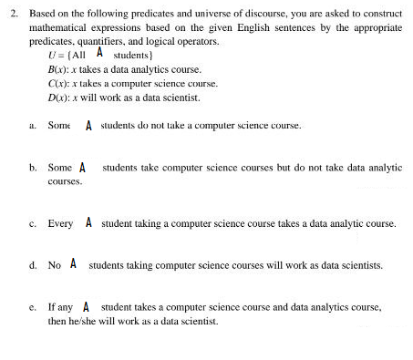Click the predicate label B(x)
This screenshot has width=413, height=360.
pos(56,69)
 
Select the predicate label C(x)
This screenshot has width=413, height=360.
pos(56,83)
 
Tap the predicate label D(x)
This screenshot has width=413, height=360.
pos(56,97)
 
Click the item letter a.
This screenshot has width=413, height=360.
pos(32,126)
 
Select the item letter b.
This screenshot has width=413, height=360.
pos(32,169)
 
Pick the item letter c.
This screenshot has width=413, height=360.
pos(32,222)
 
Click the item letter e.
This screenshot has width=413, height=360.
pos(32,308)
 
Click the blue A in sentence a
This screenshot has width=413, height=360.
pos(88,126)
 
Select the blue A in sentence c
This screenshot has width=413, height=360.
pos(88,221)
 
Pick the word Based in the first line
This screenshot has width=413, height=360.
pos(41,15)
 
